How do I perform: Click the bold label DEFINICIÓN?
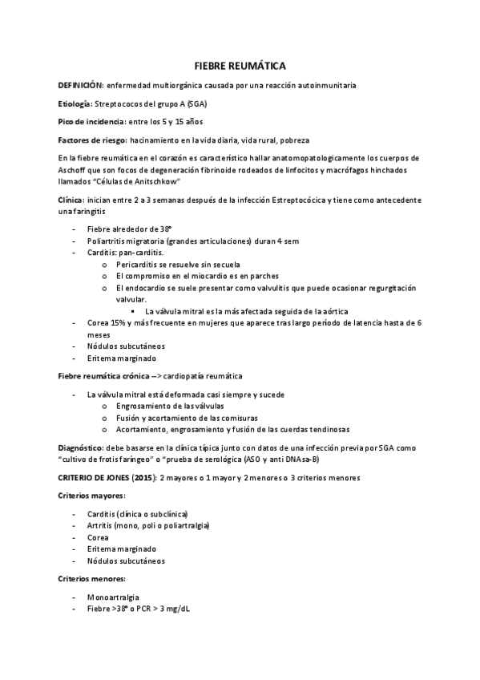point(80,84)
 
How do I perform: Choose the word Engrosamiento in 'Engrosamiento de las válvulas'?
point(142,407)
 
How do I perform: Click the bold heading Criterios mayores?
point(91,496)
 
